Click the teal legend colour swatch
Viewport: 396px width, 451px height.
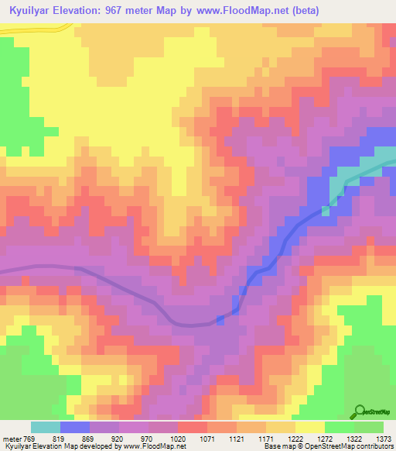[46, 427]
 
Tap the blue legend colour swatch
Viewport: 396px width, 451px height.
[75, 427]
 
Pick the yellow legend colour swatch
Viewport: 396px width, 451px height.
[310, 427]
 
